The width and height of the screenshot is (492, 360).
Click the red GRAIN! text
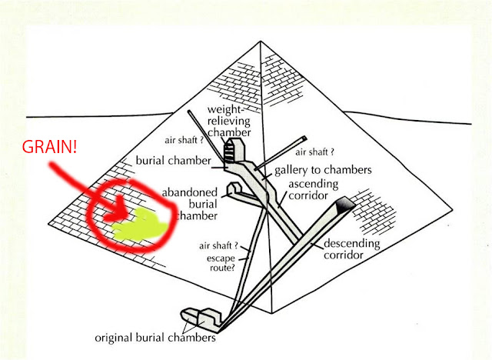[x=48, y=146]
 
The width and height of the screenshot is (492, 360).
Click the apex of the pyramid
[x=261, y=40]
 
